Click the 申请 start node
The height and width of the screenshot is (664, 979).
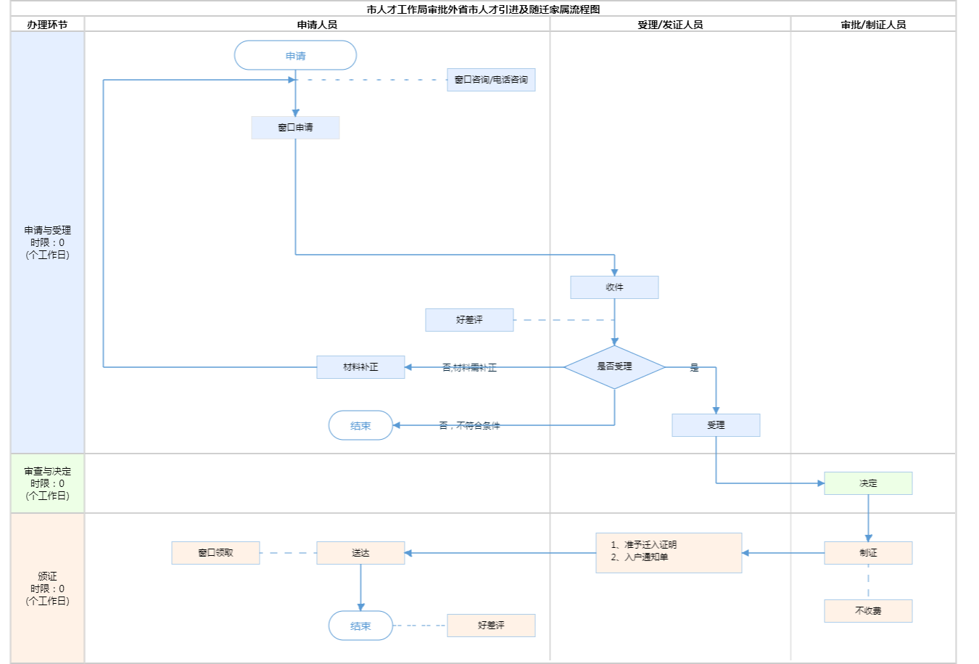(295, 56)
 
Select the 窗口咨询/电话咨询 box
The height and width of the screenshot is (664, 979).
(491, 80)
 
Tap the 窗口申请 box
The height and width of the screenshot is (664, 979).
(295, 128)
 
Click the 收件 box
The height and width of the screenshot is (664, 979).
(614, 287)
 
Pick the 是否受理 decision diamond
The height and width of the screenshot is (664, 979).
(614, 367)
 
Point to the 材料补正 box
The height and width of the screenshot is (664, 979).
(360, 367)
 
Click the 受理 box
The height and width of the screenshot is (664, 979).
(716, 425)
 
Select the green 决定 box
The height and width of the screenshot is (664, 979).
(868, 483)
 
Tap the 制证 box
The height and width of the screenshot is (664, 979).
(868, 553)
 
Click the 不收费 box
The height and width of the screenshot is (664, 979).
(868, 611)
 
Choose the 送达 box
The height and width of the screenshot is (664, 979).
(360, 553)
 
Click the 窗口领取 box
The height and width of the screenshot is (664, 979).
(215, 553)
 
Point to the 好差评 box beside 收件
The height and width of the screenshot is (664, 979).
(469, 320)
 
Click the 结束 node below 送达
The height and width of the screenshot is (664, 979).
(360, 626)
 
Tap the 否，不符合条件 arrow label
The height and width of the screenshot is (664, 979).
(469, 426)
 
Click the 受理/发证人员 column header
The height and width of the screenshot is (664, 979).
(670, 25)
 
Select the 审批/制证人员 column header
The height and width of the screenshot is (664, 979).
(873, 25)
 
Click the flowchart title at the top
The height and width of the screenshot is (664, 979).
(484, 9)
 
